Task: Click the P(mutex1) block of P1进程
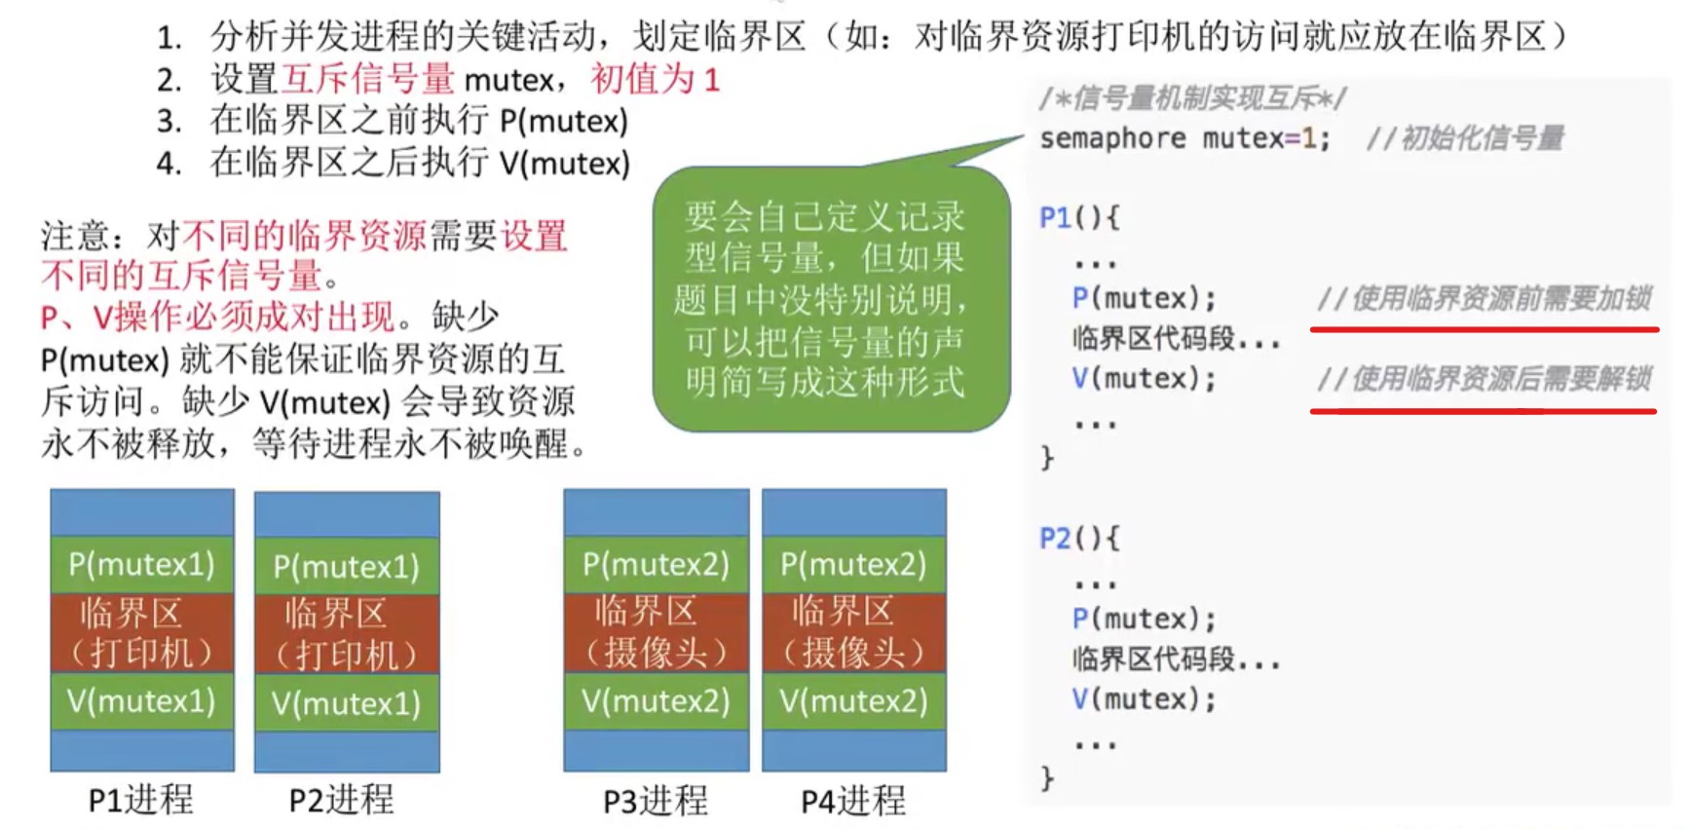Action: [142, 564]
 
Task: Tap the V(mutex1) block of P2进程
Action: [347, 703]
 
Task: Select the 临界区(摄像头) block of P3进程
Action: [656, 632]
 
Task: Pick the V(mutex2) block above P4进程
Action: [853, 701]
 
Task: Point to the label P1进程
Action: [141, 800]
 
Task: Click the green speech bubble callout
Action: [831, 298]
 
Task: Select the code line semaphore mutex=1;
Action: [1184, 139]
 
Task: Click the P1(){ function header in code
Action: [1079, 217]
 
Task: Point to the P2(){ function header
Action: [1079, 538]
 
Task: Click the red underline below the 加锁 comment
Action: [1484, 330]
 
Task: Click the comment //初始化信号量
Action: [1465, 139]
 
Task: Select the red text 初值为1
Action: [655, 79]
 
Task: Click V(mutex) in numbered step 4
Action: [565, 163]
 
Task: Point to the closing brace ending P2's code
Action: [1047, 777]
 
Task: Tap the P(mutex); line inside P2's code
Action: [1144, 619]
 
